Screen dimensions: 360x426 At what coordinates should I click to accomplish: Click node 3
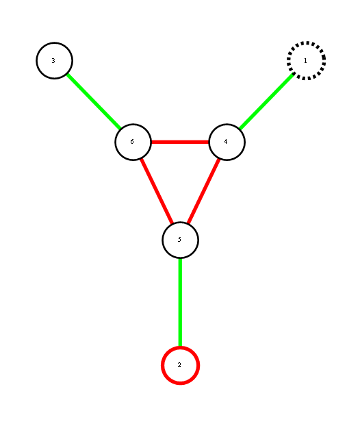(x=54, y=60)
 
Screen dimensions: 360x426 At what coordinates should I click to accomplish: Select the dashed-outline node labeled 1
(x=306, y=60)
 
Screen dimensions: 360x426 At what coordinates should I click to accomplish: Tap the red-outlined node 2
(x=180, y=366)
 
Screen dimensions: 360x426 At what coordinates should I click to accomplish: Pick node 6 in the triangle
(x=133, y=142)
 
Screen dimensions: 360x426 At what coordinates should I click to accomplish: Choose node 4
(x=227, y=142)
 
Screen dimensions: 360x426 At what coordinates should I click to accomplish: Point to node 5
(x=180, y=240)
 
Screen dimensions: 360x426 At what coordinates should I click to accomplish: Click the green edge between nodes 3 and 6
(x=94, y=101)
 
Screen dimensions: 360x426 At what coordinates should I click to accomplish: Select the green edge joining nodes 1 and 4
(x=267, y=101)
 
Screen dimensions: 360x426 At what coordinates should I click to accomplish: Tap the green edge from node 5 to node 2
(x=180, y=303)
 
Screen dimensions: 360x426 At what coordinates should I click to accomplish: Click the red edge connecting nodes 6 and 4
(x=180, y=142)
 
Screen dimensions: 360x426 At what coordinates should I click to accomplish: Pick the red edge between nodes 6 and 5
(x=157, y=191)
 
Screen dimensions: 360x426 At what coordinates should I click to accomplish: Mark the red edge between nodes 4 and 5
(x=204, y=191)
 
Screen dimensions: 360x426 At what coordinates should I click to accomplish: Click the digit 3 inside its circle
(x=53, y=60)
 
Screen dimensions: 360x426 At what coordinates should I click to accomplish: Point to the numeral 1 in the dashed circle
(x=305, y=60)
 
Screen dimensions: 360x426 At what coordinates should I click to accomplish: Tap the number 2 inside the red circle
(x=179, y=365)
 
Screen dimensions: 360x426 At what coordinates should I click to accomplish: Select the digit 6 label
(x=132, y=142)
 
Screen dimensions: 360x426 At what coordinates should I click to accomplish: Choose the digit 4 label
(x=226, y=142)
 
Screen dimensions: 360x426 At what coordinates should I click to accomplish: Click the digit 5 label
(x=179, y=239)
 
